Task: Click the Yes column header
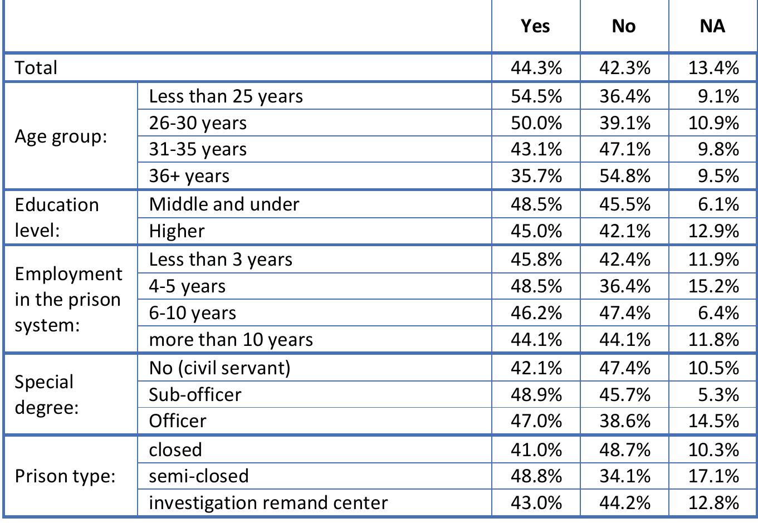pyautogui.click(x=535, y=26)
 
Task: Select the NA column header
pyautogui.click(x=712, y=26)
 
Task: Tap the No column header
pyautogui.click(x=623, y=26)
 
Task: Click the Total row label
pyautogui.click(x=36, y=68)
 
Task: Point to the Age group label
pyautogui.click(x=61, y=136)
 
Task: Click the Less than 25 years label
pyautogui.click(x=226, y=96)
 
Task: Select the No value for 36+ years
pyautogui.click(x=624, y=176)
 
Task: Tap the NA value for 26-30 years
pyautogui.click(x=713, y=123)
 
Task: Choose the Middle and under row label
pyautogui.click(x=224, y=204)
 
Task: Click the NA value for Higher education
pyautogui.click(x=713, y=231)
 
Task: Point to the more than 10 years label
pyautogui.click(x=231, y=340)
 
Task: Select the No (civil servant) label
pyautogui.click(x=219, y=368)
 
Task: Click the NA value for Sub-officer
pyautogui.click(x=718, y=394)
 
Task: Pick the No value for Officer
pyautogui.click(x=624, y=421)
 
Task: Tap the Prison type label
pyautogui.click(x=65, y=476)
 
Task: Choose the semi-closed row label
pyautogui.click(x=199, y=476)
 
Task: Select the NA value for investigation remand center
pyautogui.click(x=713, y=503)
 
